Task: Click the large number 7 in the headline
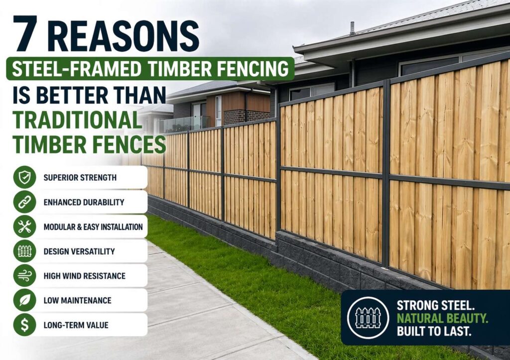click(25, 34)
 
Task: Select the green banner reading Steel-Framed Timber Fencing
click(149, 69)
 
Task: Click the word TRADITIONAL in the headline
click(74, 120)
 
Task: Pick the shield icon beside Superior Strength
click(24, 177)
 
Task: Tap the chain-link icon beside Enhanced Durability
click(24, 202)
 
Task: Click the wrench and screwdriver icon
click(24, 227)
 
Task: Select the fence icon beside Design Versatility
click(24, 251)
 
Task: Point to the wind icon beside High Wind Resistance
click(24, 275)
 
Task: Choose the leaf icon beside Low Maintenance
click(24, 300)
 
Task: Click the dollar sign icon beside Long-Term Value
click(24, 325)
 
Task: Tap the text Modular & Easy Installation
click(93, 227)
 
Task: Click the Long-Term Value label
click(76, 325)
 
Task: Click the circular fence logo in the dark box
click(369, 317)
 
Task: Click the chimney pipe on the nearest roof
click(352, 28)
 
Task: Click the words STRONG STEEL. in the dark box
click(432, 305)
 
